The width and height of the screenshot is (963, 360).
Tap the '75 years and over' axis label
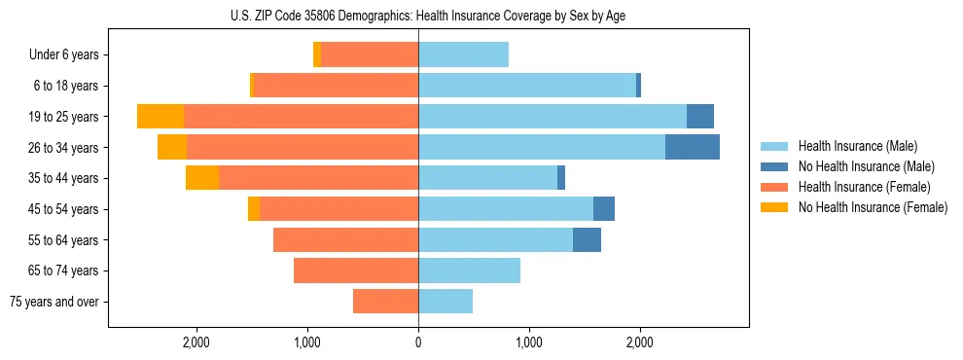[53, 302]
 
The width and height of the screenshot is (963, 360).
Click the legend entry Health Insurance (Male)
[857, 146]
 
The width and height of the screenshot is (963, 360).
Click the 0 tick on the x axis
[418, 342]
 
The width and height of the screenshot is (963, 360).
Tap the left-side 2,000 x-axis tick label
[196, 342]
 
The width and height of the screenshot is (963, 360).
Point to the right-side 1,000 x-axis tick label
[529, 342]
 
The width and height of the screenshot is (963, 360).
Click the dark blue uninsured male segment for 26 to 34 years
[692, 147]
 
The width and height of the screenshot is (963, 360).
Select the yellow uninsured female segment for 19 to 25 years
[160, 117]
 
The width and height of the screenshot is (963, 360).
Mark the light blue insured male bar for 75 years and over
[446, 302]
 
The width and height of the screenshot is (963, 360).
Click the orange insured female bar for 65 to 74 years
[356, 270]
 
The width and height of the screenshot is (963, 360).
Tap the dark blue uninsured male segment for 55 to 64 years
[587, 239]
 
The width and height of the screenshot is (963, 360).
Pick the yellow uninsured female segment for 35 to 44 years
[202, 178]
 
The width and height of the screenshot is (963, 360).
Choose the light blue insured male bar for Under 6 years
[463, 55]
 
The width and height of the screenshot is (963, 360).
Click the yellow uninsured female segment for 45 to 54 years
[254, 209]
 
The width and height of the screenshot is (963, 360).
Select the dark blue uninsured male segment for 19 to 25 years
[699, 117]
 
